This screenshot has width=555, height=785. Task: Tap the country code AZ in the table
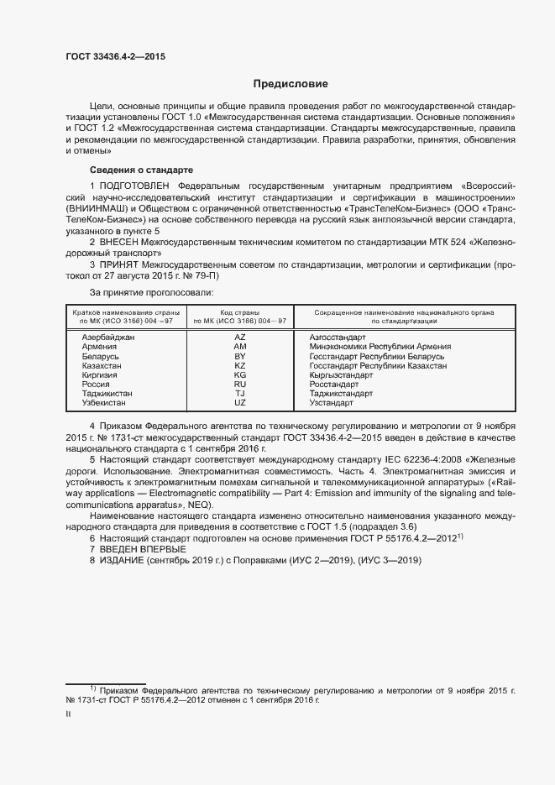pyautogui.click(x=239, y=337)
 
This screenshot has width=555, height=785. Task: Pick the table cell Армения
pyautogui.click(x=99, y=347)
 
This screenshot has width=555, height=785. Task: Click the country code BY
pyautogui.click(x=239, y=356)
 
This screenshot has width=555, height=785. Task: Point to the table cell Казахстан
pyautogui.click(x=102, y=366)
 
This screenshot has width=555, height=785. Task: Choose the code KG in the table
pyautogui.click(x=239, y=375)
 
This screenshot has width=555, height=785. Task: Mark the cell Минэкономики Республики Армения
pyautogui.click(x=380, y=347)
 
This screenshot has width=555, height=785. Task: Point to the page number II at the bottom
pyautogui.click(x=69, y=715)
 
